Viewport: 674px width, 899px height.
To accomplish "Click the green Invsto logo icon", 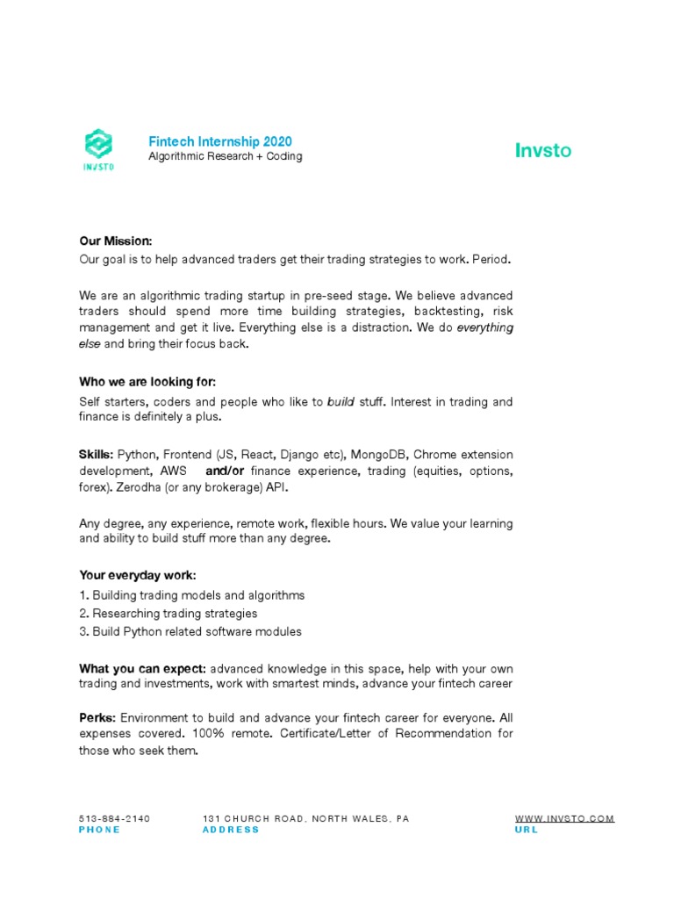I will (97, 147).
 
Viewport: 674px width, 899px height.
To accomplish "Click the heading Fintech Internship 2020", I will (219, 141).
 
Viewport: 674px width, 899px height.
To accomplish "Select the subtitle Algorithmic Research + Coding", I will (225, 156).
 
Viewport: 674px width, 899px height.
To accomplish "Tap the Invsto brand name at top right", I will (542, 150).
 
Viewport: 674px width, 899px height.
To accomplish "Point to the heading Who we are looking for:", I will (147, 382).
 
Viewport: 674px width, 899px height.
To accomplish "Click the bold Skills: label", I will (96, 454).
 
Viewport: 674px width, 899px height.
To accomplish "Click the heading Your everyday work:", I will (138, 575).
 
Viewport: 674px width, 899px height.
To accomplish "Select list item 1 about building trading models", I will (191, 595).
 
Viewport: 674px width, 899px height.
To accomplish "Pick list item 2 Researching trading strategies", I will (168, 613).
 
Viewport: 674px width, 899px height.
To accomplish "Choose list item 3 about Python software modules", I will (190, 631).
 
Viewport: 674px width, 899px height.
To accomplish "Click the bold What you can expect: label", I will (142, 668).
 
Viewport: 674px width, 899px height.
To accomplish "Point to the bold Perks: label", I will (97, 717).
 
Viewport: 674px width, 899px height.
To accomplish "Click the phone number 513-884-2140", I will (114, 818).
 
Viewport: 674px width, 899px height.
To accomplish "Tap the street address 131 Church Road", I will (305, 818).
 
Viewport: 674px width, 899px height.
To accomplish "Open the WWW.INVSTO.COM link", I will (564, 818).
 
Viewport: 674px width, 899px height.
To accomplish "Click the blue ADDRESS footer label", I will (231, 830).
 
